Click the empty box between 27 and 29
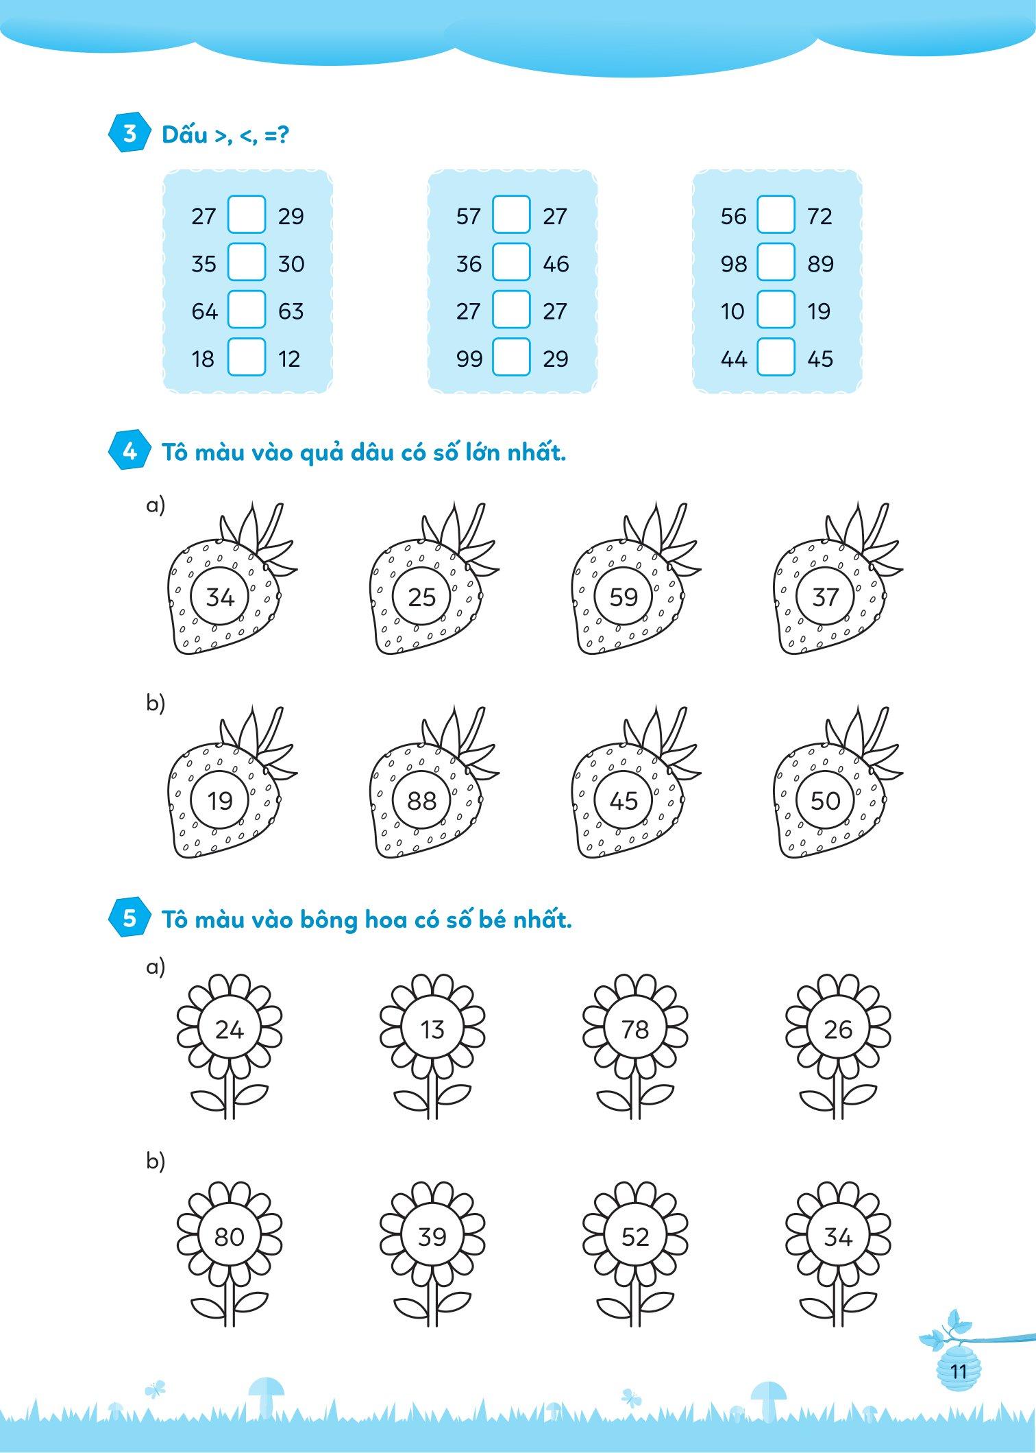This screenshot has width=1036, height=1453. pos(246,215)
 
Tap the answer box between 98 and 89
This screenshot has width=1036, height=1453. pos(776,262)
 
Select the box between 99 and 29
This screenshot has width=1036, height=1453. pos(511,357)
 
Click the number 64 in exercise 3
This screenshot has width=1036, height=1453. pos(204,311)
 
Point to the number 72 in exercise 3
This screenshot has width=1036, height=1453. pos(819,216)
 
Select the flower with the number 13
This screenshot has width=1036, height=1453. pos(432,1046)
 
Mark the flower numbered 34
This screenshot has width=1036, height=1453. pos(838,1253)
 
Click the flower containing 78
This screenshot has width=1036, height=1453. pos(635,1046)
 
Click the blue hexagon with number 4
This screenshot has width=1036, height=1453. pos(129,451)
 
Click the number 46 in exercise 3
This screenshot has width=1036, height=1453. pos(556,264)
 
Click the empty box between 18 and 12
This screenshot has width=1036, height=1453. pos(246,357)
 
